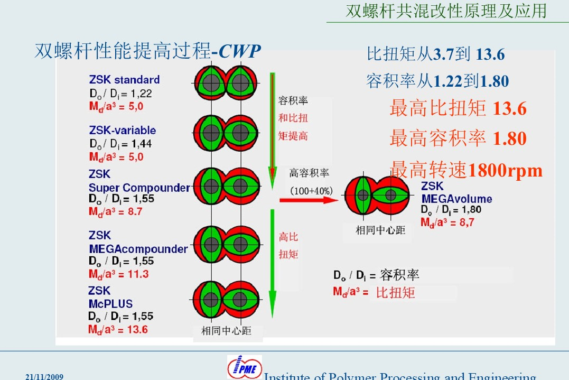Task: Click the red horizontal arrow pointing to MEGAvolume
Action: pyautogui.click(x=309, y=200)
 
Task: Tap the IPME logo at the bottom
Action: pyautogui.click(x=245, y=367)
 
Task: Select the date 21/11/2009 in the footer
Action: pyautogui.click(x=44, y=376)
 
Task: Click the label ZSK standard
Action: pyautogui.click(x=125, y=79)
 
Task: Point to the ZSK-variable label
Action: pyautogui.click(x=123, y=130)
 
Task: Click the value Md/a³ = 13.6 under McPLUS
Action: pyautogui.click(x=118, y=330)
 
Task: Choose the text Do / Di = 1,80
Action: pyautogui.click(x=451, y=209)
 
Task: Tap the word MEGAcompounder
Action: pyautogui.click(x=138, y=249)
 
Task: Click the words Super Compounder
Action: pyautogui.click(x=139, y=188)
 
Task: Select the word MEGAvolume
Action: pyautogui.click(x=456, y=199)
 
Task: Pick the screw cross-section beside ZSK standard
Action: pyautogui.click(x=226, y=83)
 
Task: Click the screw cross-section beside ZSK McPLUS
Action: pyautogui.click(x=226, y=300)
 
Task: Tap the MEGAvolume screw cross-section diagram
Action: pyautogui.click(x=377, y=195)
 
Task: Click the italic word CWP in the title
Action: pyautogui.click(x=239, y=51)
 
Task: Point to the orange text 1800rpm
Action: pyautogui.click(x=505, y=170)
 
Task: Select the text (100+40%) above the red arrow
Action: pyautogui.click(x=311, y=191)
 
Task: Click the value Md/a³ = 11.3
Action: pyautogui.click(x=119, y=274)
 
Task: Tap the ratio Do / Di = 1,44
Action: pyautogui.click(x=120, y=144)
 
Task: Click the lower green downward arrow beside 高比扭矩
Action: pyautogui.click(x=273, y=264)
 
